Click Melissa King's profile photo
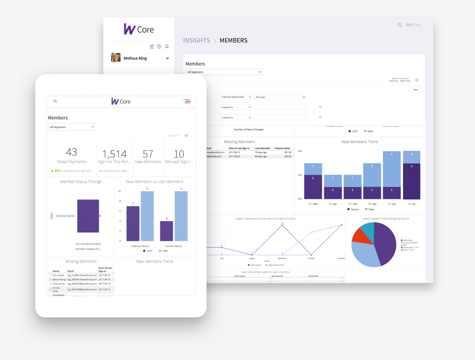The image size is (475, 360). [x=116, y=58]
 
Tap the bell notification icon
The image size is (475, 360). [x=167, y=46]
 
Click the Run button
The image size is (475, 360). [x=415, y=90]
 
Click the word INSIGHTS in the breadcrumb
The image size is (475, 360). [x=196, y=40]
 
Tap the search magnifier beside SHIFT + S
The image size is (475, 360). [x=400, y=25]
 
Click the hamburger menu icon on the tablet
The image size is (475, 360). [x=187, y=101]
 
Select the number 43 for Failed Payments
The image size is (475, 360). [x=71, y=152]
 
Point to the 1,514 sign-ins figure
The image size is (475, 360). [x=114, y=154]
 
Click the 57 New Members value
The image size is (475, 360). [x=148, y=154]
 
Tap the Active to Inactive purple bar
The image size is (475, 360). [x=88, y=216]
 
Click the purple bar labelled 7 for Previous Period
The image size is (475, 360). [x=133, y=223]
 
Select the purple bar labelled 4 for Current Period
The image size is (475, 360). [x=166, y=231]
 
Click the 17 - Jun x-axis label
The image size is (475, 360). [x=392, y=204]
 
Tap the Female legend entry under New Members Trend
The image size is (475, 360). [x=353, y=209]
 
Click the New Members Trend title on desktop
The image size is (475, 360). [x=359, y=142]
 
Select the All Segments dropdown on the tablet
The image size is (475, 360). [x=71, y=127]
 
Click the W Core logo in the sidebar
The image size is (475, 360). [x=139, y=30]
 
